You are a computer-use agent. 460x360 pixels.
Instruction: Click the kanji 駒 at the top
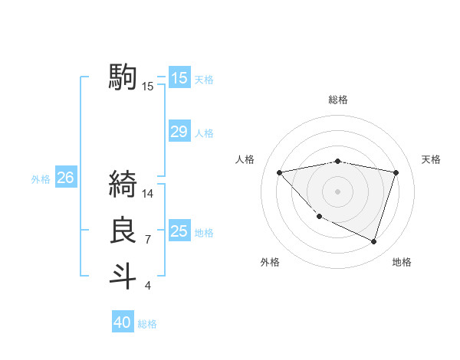pyautogui.click(x=123, y=77)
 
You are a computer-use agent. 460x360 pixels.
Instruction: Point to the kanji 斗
pyautogui.click(x=123, y=276)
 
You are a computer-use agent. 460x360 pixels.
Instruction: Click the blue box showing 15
pyautogui.click(x=179, y=77)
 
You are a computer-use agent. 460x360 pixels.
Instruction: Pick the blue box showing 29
pyautogui.click(x=179, y=132)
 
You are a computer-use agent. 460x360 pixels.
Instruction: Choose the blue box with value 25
pyautogui.click(x=179, y=231)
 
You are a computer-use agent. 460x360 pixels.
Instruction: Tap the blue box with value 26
pyautogui.click(x=65, y=178)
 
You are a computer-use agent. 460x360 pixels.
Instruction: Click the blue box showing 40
pyautogui.click(x=123, y=322)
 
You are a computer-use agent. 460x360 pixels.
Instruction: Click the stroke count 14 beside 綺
pyautogui.click(x=148, y=194)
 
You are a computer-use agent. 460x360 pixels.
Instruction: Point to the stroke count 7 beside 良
pyautogui.click(x=148, y=241)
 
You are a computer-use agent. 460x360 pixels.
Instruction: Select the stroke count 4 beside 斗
pyautogui.click(x=148, y=286)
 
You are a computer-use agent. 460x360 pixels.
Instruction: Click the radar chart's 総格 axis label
pyautogui.click(x=338, y=100)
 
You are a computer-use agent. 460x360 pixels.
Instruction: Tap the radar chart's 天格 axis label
pyautogui.click(x=432, y=159)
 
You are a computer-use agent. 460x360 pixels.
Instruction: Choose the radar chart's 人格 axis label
pyautogui.click(x=245, y=159)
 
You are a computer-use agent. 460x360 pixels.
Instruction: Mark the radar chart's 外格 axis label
pyautogui.click(x=270, y=262)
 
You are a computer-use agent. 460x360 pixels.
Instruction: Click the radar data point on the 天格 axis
pyautogui.click(x=396, y=172)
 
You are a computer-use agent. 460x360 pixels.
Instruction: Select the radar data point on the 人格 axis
pyautogui.click(x=279, y=172)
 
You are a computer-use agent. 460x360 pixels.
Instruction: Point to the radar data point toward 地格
pyautogui.click(x=373, y=241)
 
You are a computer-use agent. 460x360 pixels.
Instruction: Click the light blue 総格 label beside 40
pyautogui.click(x=147, y=324)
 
